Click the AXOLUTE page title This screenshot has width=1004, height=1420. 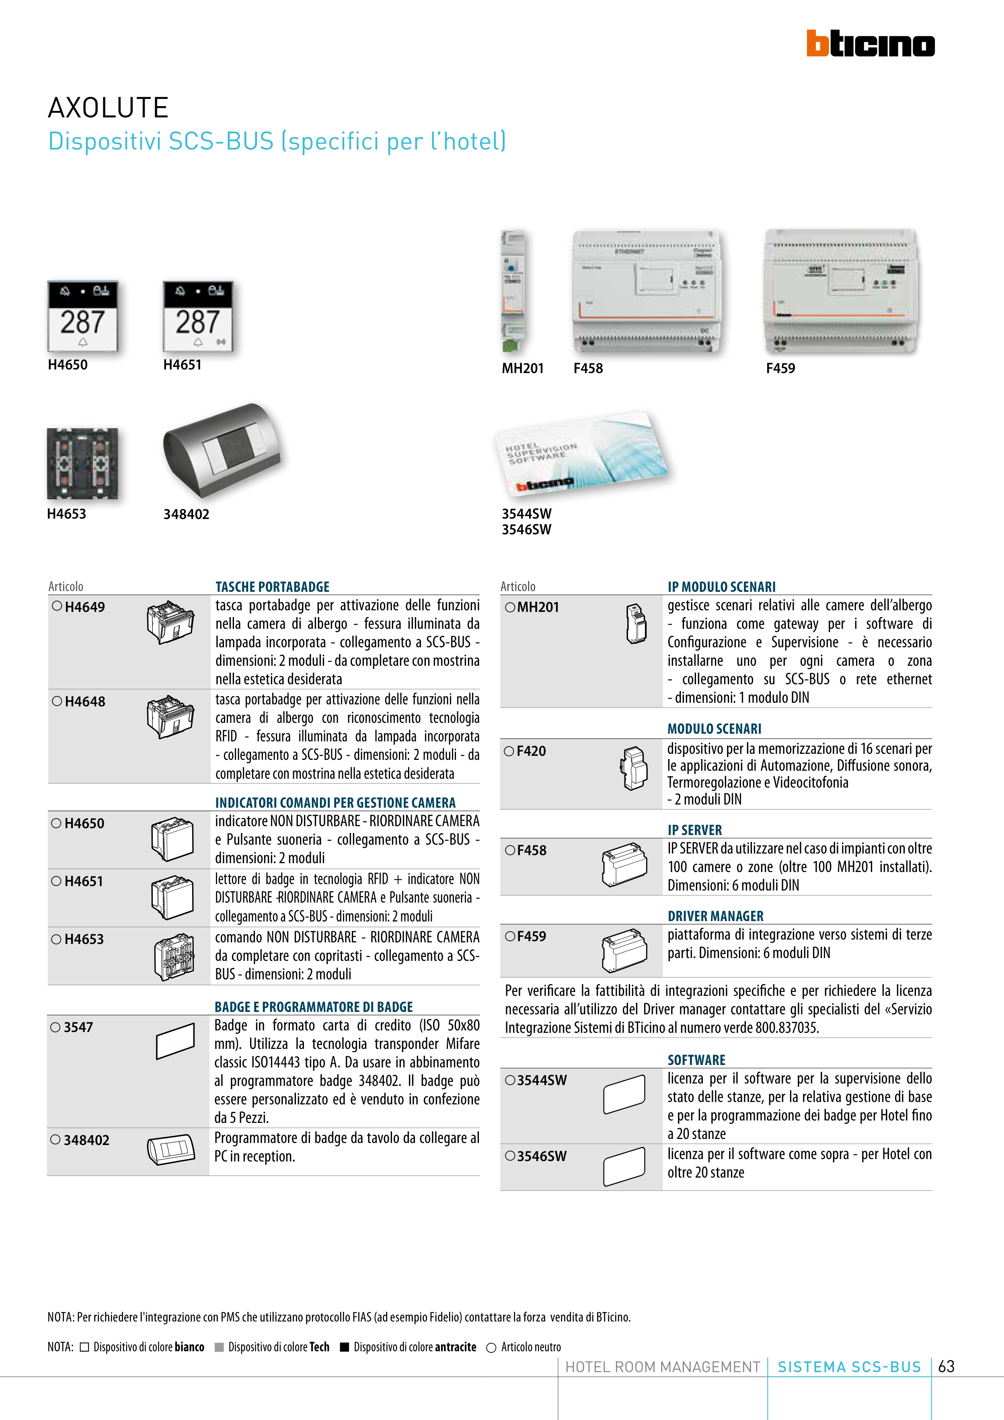coord(108,108)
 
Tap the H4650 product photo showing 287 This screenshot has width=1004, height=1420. coord(82,317)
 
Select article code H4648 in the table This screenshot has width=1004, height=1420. coord(85,701)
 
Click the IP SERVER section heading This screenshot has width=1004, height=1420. coord(694,830)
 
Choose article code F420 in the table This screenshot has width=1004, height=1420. coord(531,751)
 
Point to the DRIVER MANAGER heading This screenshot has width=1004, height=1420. coord(715,916)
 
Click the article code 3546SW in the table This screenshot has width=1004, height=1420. coord(541,1156)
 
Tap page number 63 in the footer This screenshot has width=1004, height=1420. coord(946,1366)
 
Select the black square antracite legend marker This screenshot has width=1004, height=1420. coord(345,1346)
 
